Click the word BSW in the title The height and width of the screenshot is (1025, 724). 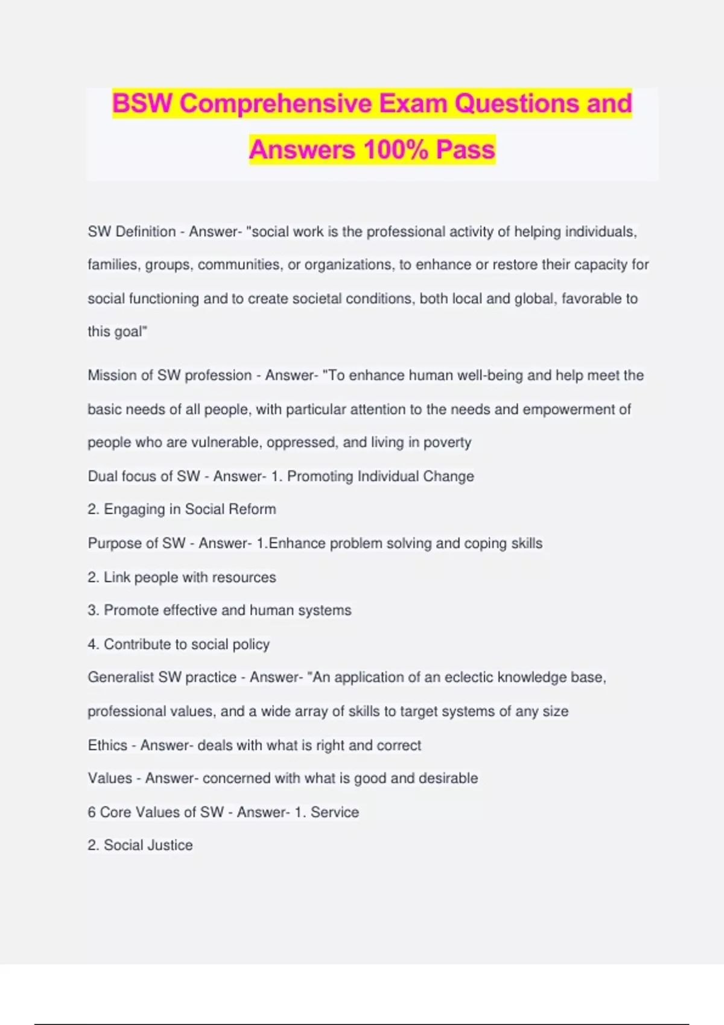point(142,103)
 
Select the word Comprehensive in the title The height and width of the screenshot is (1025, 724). point(276,103)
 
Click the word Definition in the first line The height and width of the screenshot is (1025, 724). point(145,232)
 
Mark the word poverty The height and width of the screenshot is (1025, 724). point(447,442)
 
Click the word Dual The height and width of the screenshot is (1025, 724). point(102,476)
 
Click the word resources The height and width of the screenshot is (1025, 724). point(244,577)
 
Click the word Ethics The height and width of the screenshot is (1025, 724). point(107,745)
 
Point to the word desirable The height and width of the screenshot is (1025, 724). point(448,778)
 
